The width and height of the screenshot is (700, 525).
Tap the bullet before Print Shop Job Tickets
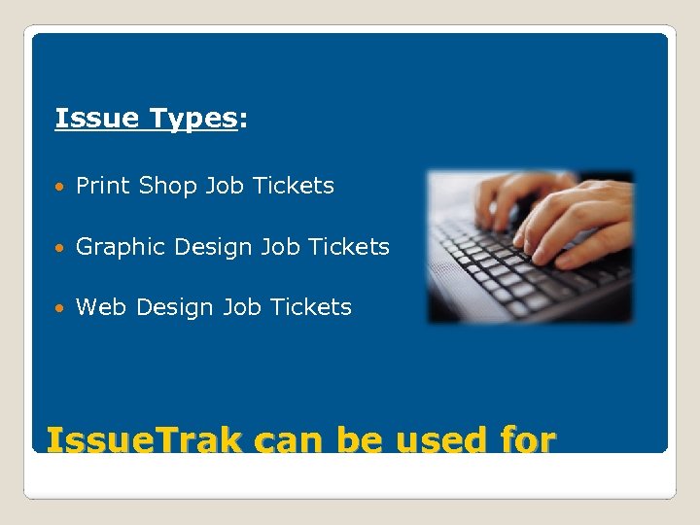click(62, 187)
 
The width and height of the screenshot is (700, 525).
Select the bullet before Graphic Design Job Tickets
click(62, 248)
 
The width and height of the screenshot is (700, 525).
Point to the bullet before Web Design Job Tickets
click(62, 308)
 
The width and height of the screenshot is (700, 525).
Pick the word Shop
click(168, 186)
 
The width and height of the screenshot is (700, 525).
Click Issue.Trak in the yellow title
click(145, 440)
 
